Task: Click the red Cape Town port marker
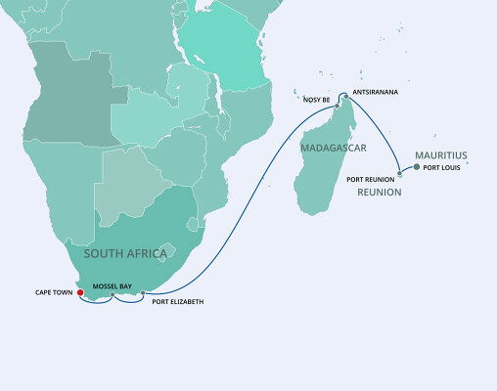point(80,290)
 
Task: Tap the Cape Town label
point(54,291)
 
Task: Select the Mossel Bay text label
point(113,285)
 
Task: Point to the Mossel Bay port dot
point(113,294)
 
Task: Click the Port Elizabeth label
point(178,302)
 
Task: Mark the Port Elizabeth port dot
point(143,293)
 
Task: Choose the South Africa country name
point(127,253)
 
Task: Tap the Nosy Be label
point(316,99)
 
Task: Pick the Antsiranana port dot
point(342,96)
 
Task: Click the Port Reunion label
point(371,180)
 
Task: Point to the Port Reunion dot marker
point(400,174)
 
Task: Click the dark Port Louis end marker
point(417,167)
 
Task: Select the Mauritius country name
point(441,154)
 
